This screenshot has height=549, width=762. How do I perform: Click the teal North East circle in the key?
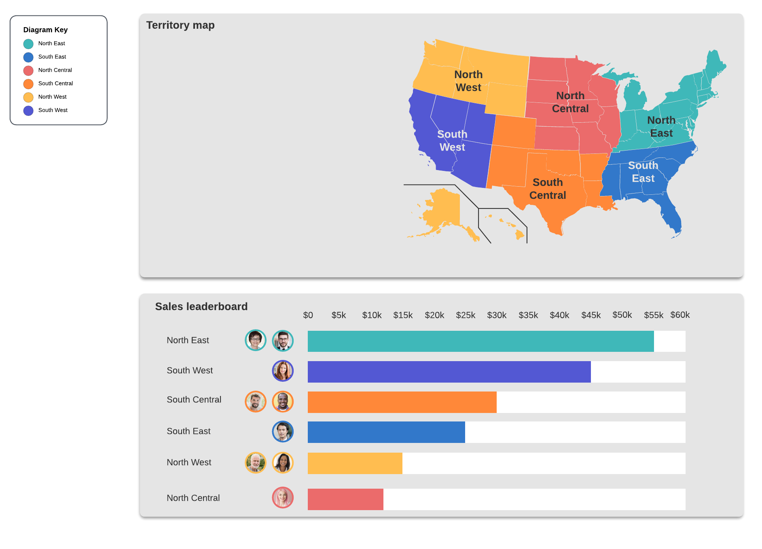point(28,44)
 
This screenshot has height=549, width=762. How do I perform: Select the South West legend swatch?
point(28,111)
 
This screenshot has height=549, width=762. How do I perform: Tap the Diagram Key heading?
point(45,30)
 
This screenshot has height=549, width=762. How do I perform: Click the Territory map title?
point(180,25)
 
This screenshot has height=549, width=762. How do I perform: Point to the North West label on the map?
point(468,81)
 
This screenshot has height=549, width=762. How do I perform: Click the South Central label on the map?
point(548,189)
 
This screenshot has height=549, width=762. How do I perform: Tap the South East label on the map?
point(643,172)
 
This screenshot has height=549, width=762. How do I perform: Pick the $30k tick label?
point(497,315)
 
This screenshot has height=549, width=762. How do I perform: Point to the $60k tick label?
point(680,315)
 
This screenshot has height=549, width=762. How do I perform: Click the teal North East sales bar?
point(480,341)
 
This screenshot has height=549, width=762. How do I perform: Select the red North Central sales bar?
point(345,499)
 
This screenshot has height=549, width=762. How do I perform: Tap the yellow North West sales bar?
point(355,463)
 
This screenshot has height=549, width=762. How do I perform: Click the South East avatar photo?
point(283,432)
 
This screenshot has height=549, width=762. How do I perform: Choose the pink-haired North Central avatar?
point(283,498)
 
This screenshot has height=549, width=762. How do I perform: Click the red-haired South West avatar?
point(283,371)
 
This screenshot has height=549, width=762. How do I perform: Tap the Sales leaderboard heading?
point(201,306)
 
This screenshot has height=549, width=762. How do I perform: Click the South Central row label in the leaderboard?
point(194,400)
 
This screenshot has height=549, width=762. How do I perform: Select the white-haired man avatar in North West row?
point(256,463)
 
